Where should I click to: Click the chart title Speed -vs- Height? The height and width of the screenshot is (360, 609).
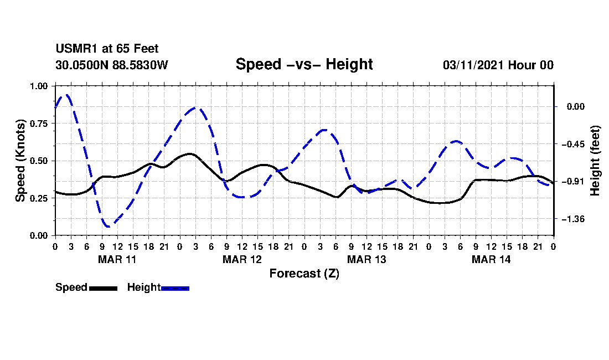pos(304,64)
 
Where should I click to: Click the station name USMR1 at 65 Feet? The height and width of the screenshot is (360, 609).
pos(107,49)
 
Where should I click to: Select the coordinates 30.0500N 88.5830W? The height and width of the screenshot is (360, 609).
pos(111,65)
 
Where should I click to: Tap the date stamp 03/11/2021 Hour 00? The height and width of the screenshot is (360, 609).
pos(498,65)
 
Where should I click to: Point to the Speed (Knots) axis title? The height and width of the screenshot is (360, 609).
pos(20,161)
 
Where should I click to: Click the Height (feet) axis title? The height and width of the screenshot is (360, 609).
pos(595,161)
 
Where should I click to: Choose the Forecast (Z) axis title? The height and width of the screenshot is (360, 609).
pos(304,273)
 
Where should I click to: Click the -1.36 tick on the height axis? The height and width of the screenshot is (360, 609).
pos(572,219)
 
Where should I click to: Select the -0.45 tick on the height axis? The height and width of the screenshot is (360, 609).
pos(572,144)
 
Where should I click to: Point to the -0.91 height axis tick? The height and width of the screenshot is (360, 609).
pos(572,182)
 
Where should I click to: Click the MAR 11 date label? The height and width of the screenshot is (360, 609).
pos(117,259)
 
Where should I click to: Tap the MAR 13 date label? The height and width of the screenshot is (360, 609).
pos(367,259)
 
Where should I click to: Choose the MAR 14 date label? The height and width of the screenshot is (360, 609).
pos(491,259)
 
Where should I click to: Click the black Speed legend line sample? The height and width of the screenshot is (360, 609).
pos(103,288)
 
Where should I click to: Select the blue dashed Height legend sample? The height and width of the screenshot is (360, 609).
pos(175,288)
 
